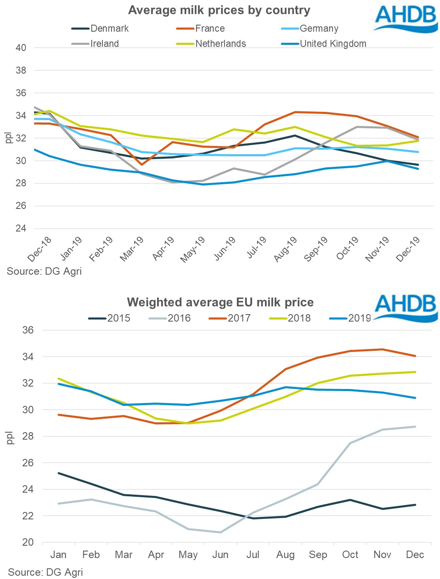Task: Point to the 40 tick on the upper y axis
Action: pos(21,48)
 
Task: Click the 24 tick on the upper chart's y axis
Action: pos(21,228)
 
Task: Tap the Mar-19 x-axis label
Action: pos(132,249)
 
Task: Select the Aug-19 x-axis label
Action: pos(286,249)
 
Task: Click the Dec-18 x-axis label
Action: pos(40,249)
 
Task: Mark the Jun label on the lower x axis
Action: pos(220,555)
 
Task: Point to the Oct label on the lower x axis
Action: pos(350,555)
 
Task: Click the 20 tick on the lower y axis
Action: pos(28,542)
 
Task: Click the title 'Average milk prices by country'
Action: pos(219,10)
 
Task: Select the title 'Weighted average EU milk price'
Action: pos(220,302)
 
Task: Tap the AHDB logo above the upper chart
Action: pos(405,19)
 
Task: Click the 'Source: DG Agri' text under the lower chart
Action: pos(45,572)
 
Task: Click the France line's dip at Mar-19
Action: pos(141,164)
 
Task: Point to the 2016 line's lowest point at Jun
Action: pos(221,532)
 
